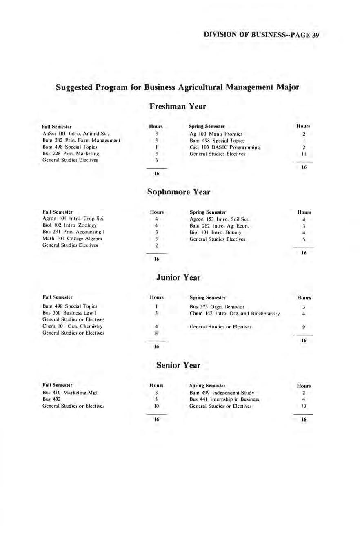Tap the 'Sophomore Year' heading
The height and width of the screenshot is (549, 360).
coord(178,192)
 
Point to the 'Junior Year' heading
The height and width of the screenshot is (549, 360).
coord(178,278)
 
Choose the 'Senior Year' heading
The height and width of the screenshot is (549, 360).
coord(178,364)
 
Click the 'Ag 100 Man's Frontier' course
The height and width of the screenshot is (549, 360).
coord(216,134)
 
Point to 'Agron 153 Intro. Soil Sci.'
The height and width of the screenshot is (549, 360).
coord(217,219)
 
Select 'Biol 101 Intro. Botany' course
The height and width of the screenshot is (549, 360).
coord(212,232)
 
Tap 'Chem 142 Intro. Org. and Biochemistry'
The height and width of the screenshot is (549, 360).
coord(235,313)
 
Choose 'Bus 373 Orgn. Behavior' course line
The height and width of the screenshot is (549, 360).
coord(217,306)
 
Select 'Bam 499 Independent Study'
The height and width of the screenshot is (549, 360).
coord(222,393)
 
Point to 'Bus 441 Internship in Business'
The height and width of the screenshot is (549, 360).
coord(224,399)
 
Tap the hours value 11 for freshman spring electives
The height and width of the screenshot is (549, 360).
coord(304,154)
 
